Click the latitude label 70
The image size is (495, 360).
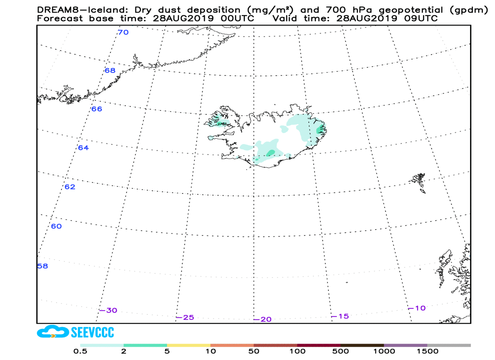tap(123, 32)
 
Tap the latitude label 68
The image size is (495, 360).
tap(110, 70)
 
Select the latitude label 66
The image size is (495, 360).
tap(97, 109)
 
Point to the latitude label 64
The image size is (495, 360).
tap(83, 148)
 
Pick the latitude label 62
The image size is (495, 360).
tap(70, 187)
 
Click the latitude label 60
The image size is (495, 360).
tap(56, 226)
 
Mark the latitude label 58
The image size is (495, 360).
tap(42, 266)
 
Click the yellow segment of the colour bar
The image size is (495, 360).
tap(188, 345)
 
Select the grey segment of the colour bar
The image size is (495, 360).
tap(449, 345)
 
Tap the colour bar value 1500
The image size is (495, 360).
tap(427, 352)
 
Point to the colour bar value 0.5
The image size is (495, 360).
tap(80, 352)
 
